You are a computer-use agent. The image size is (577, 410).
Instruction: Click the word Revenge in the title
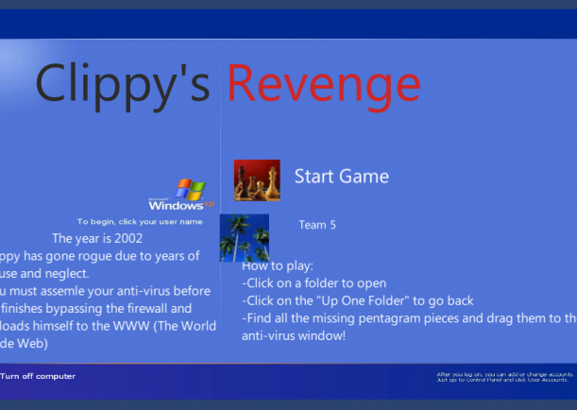323,82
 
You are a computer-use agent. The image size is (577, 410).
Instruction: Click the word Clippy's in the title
122,82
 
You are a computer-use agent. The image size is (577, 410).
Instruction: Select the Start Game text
341,176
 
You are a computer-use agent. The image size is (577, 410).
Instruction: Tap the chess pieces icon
257,179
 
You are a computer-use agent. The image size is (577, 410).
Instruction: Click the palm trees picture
244,237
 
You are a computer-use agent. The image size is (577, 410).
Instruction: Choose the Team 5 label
317,225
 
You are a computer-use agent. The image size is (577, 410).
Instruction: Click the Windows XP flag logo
191,187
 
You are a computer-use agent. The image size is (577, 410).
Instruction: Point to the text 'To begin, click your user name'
140,221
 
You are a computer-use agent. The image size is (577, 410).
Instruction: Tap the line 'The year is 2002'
97,238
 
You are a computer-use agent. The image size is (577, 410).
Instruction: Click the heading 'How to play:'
278,266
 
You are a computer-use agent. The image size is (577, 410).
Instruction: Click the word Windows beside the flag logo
176,204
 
